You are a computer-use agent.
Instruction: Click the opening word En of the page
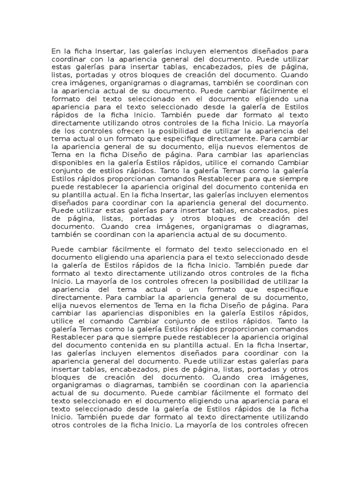(x=56, y=51)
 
